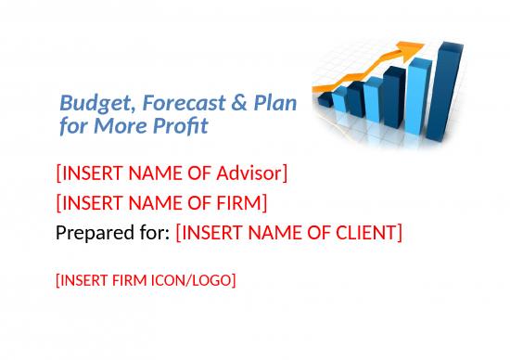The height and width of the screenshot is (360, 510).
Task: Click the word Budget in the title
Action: click(86, 103)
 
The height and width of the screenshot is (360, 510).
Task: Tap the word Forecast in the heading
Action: click(165, 103)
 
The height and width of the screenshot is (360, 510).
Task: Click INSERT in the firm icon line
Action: click(81, 278)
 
